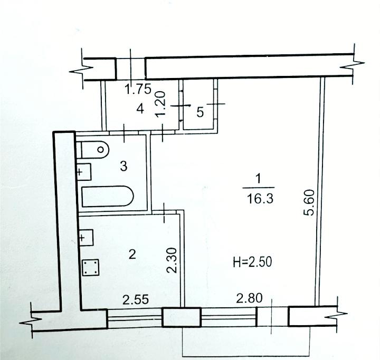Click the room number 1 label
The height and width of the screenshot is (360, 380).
click(259, 179)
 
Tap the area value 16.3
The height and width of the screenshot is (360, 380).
click(260, 199)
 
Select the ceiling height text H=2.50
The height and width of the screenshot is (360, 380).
click(252, 262)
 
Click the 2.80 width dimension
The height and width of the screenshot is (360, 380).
click(249, 298)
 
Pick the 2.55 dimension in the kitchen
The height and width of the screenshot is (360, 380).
click(136, 300)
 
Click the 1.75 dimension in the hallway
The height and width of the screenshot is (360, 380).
click(138, 89)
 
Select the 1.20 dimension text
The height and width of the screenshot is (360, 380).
click(160, 104)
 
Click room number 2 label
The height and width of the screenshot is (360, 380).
click(132, 254)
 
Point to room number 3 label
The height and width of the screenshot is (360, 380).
click(123, 167)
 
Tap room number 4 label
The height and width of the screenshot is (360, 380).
click(140, 109)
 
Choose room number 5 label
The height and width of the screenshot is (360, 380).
click(200, 112)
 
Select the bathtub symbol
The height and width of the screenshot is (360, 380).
click(108, 197)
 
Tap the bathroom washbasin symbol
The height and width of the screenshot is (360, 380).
click(84, 172)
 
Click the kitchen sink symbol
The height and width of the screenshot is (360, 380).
click(86, 238)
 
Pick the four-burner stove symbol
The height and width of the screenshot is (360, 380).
click(91, 268)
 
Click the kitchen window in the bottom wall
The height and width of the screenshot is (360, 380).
click(135, 318)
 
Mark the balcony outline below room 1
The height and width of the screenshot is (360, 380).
click(246, 356)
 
